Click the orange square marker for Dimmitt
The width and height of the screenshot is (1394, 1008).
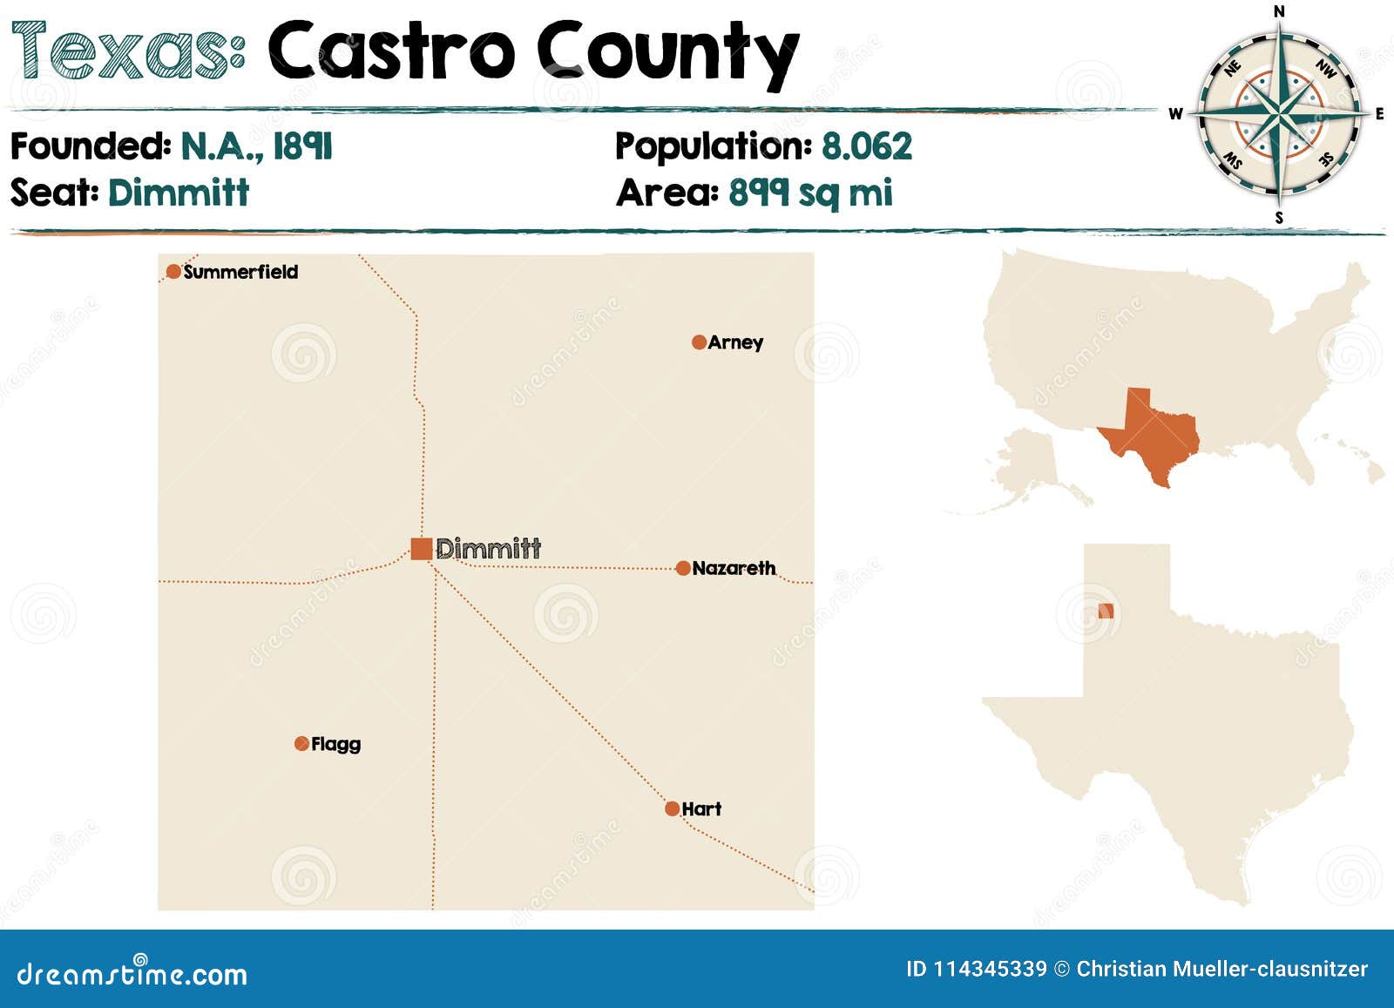tap(422, 548)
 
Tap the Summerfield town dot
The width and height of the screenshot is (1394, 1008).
tap(173, 272)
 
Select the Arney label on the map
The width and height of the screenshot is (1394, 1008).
tap(735, 342)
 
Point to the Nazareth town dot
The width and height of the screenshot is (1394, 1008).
tap(683, 568)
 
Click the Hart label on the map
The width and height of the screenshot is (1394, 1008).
tap(701, 808)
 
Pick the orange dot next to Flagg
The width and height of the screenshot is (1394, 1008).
tap(301, 743)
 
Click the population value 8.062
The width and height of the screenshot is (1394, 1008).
tap(866, 146)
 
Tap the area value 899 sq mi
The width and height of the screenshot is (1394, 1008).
tap(810, 193)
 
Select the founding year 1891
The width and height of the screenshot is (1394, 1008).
tap(302, 146)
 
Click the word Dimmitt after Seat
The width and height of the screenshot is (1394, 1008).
tap(179, 193)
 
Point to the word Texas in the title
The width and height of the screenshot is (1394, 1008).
tap(127, 51)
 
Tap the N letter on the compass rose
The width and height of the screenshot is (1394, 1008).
tap(1279, 11)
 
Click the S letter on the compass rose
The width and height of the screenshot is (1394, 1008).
tap(1279, 218)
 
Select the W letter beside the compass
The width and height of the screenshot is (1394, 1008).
tap(1175, 114)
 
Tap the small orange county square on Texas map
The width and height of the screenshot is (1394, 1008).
tap(1106, 611)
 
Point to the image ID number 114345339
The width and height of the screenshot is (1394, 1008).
tap(990, 969)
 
